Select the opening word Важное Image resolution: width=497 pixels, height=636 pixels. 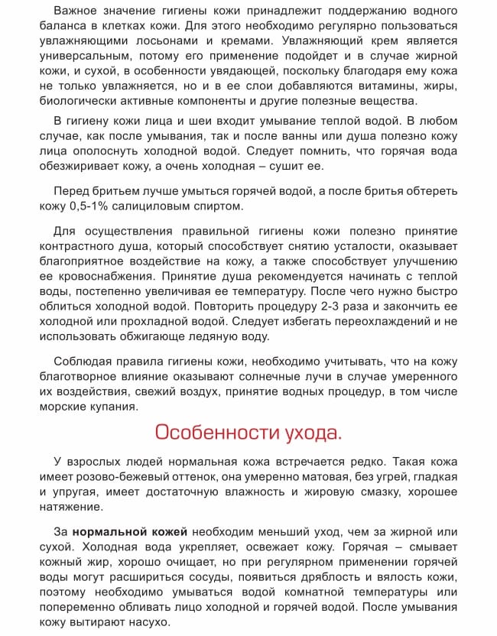79,11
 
